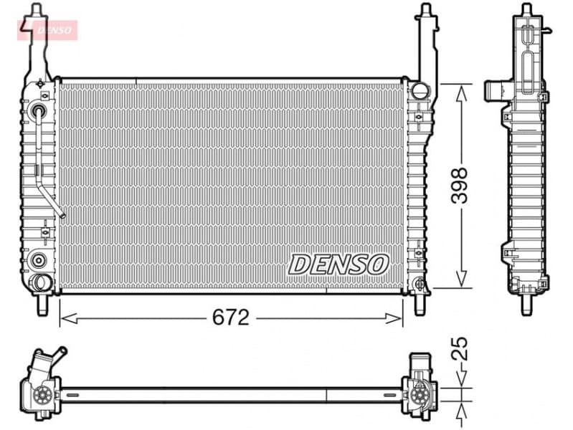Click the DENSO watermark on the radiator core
[338, 264]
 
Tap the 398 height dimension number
[460, 186]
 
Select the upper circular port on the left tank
[38, 111]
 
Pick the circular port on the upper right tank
[420, 90]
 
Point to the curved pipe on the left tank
[50, 165]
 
